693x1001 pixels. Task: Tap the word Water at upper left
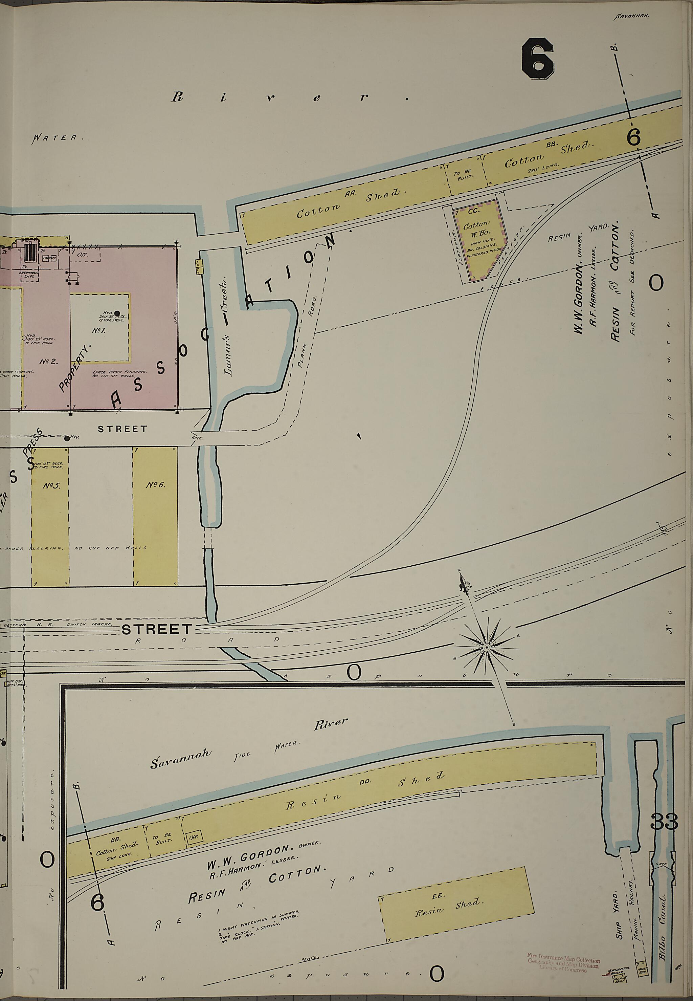[57, 138]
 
